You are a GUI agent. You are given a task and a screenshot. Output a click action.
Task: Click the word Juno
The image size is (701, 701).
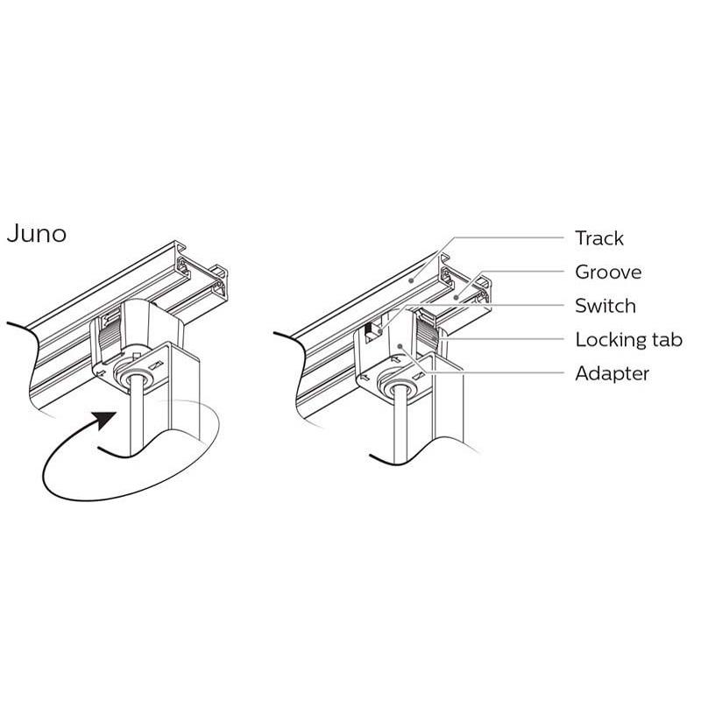coord(37,235)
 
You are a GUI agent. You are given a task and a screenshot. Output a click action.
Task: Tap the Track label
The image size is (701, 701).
coord(599,237)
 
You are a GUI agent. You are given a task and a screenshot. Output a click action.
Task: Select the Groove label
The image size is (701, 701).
coord(607,272)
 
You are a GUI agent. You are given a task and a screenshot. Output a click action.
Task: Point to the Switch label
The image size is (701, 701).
coord(605,306)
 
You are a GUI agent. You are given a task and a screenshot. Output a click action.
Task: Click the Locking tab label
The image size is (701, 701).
coord(628,340)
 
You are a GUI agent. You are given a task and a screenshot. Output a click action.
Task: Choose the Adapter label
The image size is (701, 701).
coord(612,373)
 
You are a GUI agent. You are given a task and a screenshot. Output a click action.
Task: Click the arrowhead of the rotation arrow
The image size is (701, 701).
coord(106,419)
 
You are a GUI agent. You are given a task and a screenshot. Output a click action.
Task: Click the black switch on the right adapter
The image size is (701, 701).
coord(371,331)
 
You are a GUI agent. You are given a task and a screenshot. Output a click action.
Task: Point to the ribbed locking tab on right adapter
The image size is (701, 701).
coord(428,332)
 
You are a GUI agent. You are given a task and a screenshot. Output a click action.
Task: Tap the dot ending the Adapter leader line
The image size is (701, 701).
coord(400,346)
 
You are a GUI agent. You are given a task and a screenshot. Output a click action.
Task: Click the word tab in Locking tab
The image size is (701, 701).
coord(664,340)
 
